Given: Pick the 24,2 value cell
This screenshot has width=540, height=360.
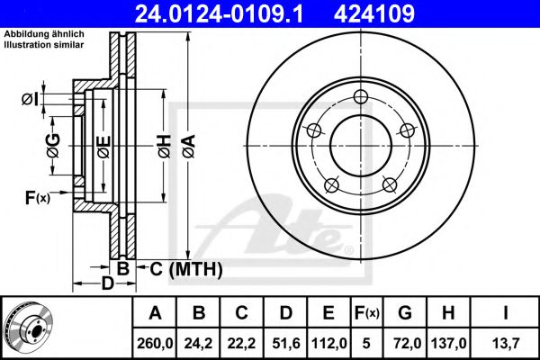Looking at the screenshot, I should (x=200, y=343).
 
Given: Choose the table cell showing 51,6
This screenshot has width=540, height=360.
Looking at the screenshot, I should (x=285, y=343).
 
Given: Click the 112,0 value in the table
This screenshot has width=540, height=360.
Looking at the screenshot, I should (x=328, y=343).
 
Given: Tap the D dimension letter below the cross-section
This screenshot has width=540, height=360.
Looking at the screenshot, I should (x=106, y=283).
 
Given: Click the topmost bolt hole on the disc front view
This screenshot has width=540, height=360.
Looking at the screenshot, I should (x=361, y=98).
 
